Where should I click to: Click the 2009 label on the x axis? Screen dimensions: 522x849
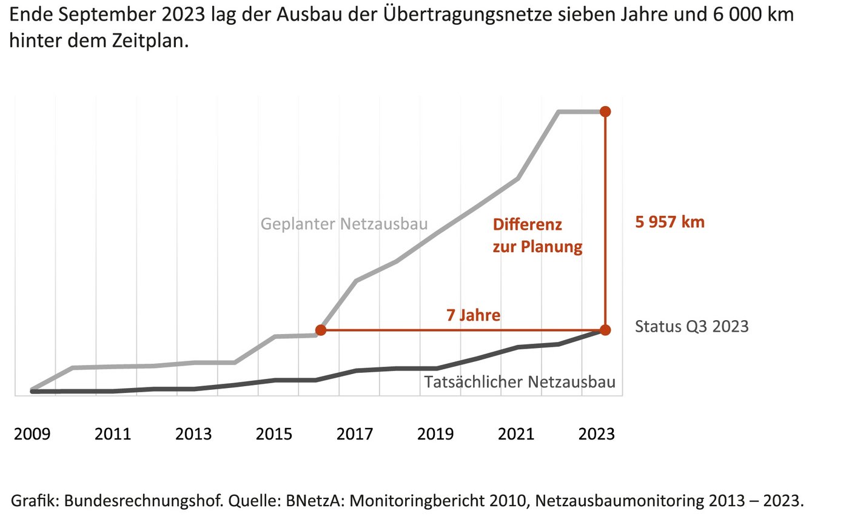(x=32, y=435)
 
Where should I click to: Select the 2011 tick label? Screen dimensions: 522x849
(x=113, y=435)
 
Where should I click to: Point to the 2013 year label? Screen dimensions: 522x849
(x=193, y=435)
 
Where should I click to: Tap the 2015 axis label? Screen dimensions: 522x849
(x=274, y=435)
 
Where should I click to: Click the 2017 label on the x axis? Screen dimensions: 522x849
(x=355, y=435)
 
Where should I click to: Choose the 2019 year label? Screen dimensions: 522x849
(x=435, y=435)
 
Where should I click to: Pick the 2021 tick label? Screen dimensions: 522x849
(x=516, y=435)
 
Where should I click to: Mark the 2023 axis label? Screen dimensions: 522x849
(x=597, y=435)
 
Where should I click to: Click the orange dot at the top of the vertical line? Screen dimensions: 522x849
(x=605, y=112)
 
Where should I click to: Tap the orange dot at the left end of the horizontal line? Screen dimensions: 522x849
(x=321, y=330)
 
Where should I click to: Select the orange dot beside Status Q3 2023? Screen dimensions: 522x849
(x=605, y=330)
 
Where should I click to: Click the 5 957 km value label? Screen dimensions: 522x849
(x=669, y=222)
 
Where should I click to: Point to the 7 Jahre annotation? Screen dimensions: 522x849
(x=473, y=315)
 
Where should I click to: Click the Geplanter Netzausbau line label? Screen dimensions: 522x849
(x=344, y=224)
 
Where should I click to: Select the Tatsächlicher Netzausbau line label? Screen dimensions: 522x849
(x=520, y=383)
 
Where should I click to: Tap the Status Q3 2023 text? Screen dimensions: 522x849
(x=691, y=327)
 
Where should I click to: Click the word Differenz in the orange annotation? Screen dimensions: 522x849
(x=527, y=225)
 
